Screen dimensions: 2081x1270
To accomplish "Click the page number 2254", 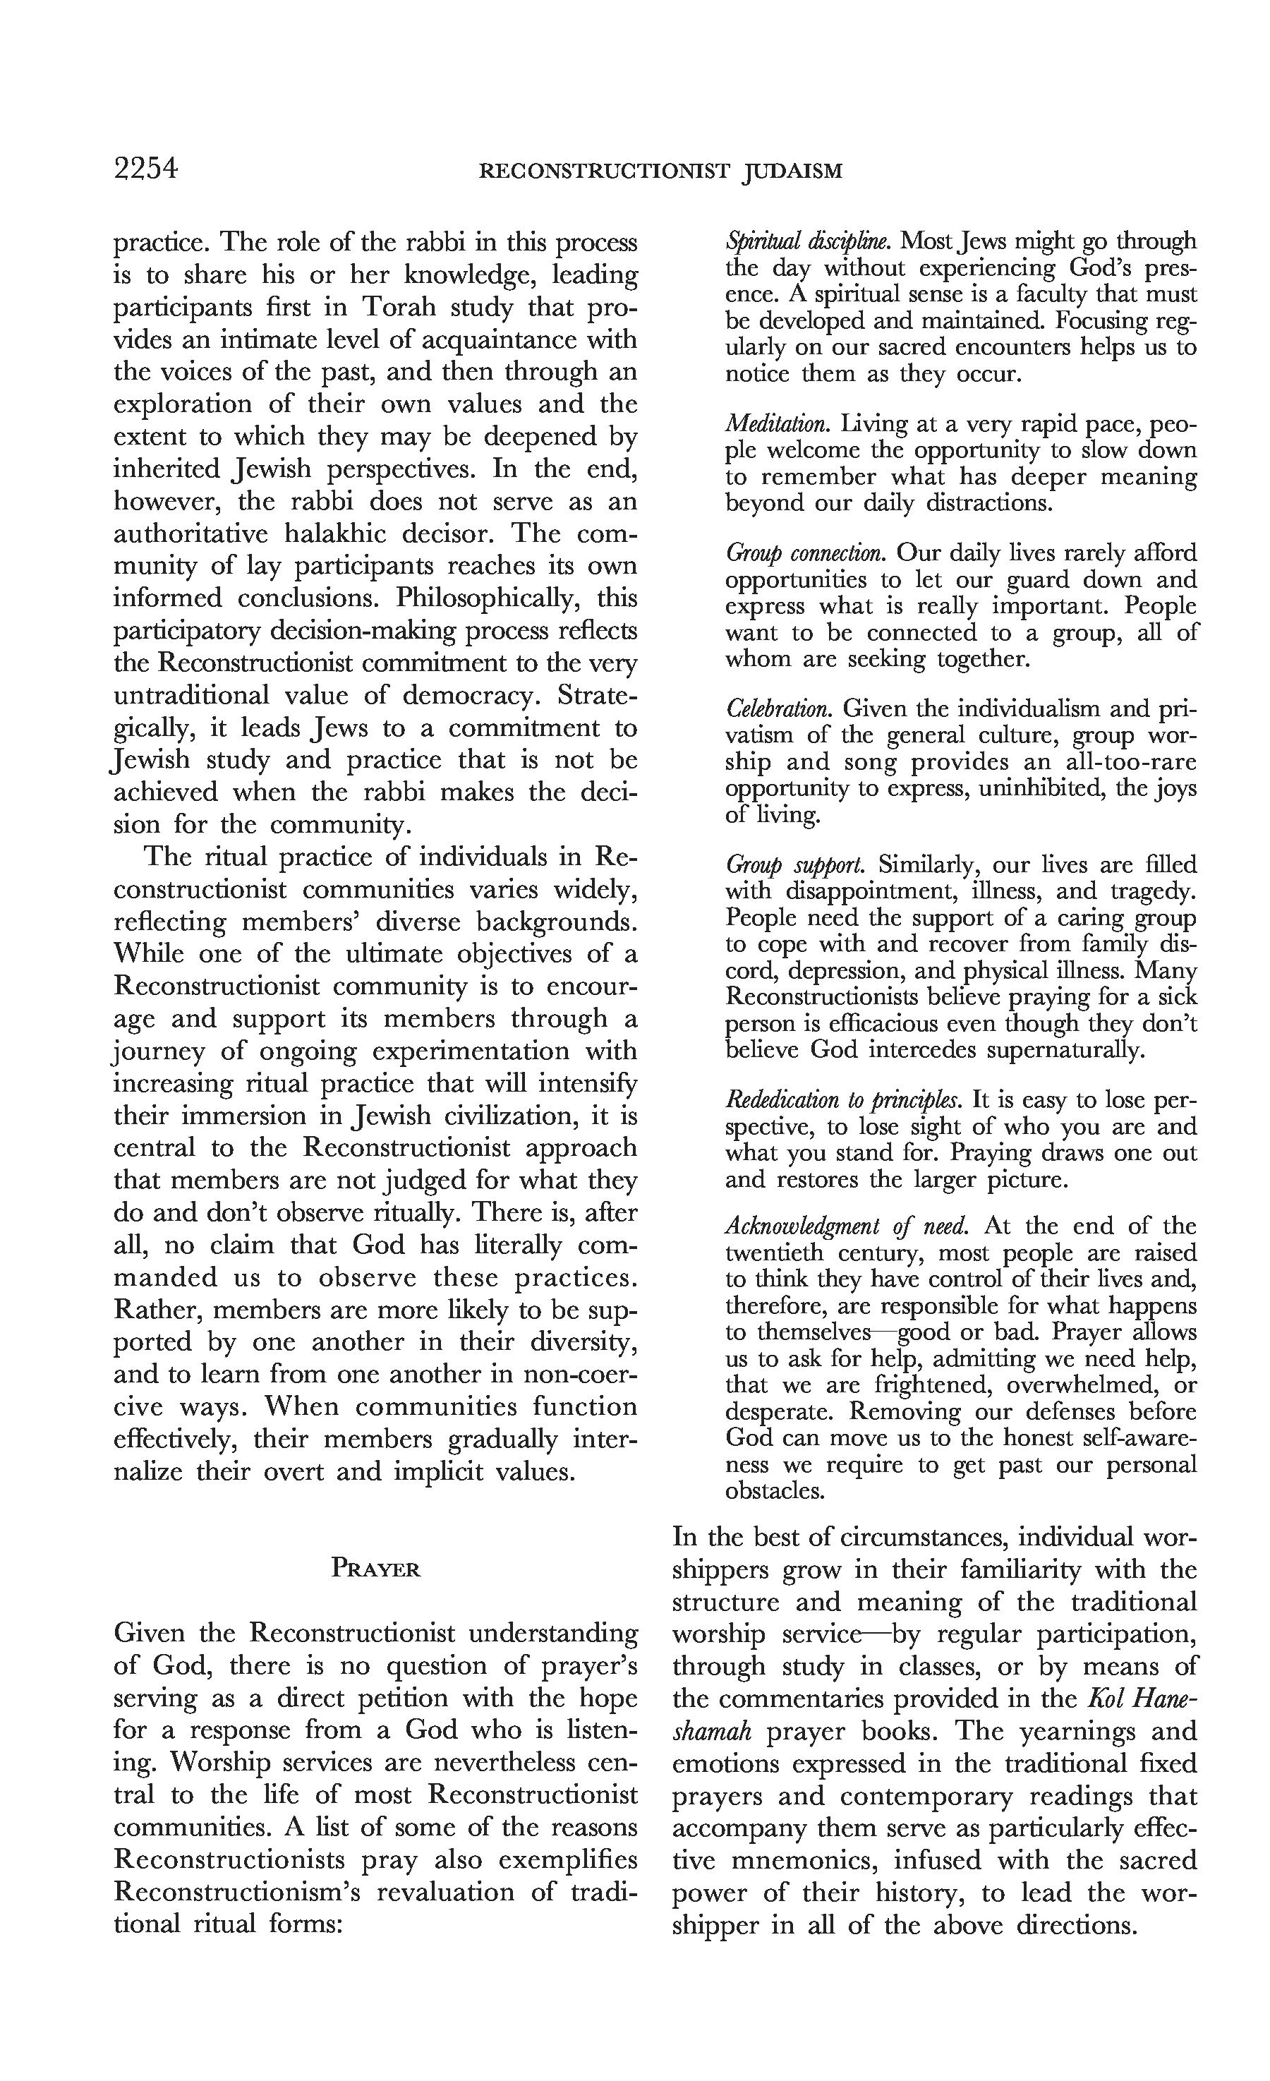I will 145,170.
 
